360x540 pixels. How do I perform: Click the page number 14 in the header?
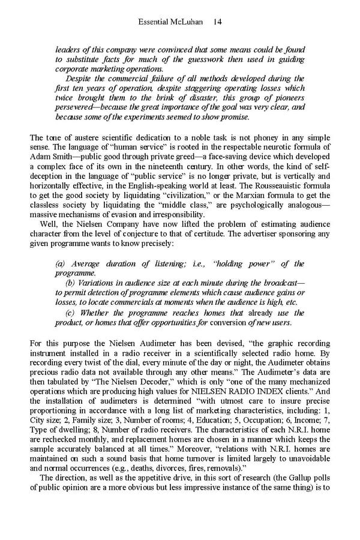pyautogui.click(x=218, y=22)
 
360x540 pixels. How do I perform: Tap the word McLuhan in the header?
pyautogui.click(x=187, y=22)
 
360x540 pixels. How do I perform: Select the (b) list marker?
pyautogui.click(x=70, y=283)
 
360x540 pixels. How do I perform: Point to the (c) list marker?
pyautogui.click(x=70, y=313)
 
